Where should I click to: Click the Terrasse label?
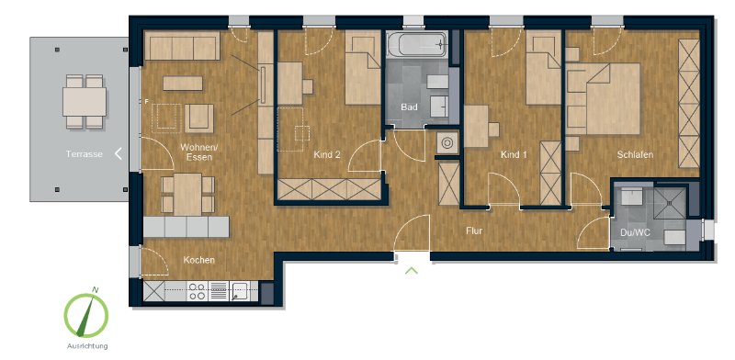tap(84, 154)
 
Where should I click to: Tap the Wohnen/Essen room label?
tap(198, 152)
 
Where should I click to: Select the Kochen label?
tap(198, 260)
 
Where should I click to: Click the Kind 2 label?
tap(327, 155)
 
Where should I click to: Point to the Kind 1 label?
tap(514, 155)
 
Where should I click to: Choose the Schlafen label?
tap(635, 155)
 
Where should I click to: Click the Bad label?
tap(410, 107)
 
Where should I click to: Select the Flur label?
tap(474, 231)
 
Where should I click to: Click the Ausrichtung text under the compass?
tap(86, 345)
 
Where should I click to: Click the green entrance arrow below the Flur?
tap(412, 270)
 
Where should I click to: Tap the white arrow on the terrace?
tap(119, 154)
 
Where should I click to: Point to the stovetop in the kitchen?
tap(198, 292)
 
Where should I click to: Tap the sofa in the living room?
tap(181, 46)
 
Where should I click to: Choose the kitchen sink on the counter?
tap(238, 292)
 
